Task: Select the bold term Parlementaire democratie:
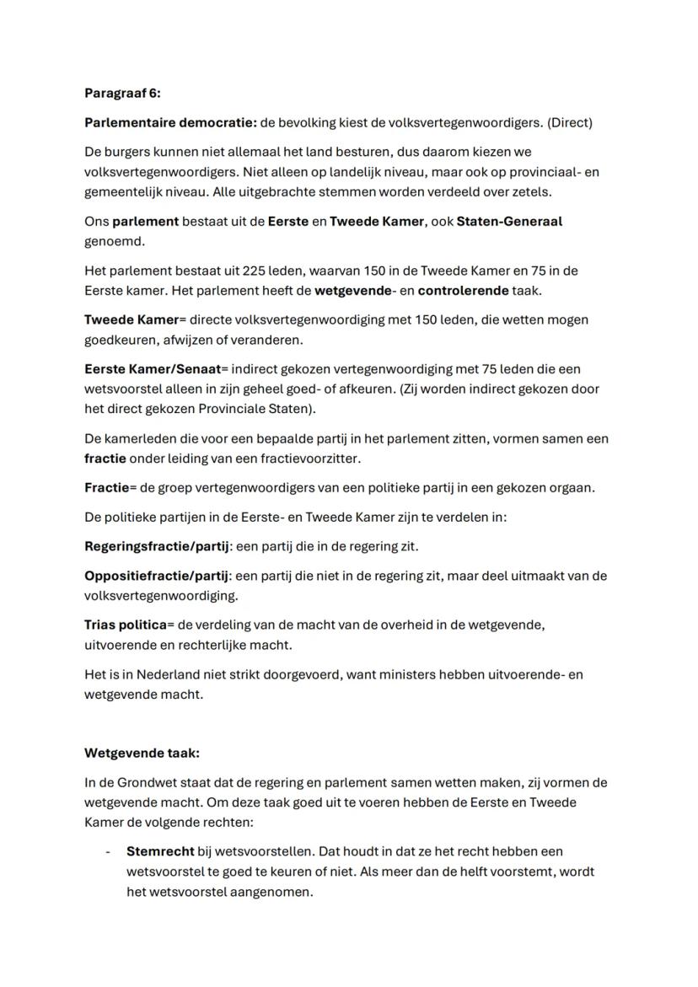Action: [170, 123]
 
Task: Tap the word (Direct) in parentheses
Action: [570, 123]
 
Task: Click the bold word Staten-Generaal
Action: [508, 222]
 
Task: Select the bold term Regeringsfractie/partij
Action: [157, 546]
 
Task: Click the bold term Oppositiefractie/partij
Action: [157, 577]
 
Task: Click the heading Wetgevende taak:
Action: [142, 754]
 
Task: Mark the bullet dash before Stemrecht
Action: [107, 852]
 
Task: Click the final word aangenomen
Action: [274, 891]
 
